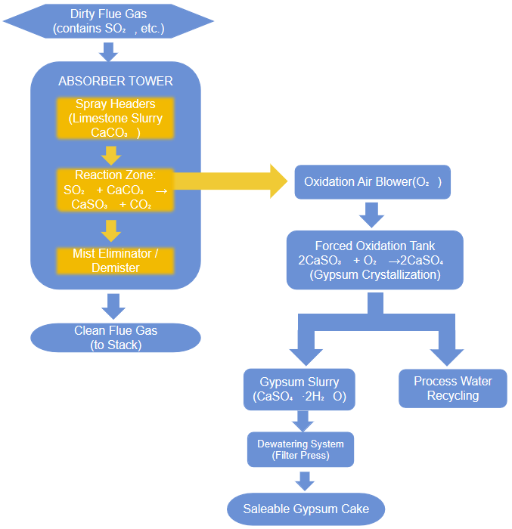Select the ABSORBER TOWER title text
pos(116,81)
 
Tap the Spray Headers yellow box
pos(116,118)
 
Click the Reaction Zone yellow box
pos(116,190)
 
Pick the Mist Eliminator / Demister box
pos(116,261)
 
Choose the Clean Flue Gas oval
pos(115,338)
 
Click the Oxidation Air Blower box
pos(372,182)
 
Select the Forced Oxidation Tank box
pos(374,260)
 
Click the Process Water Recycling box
pos(453,388)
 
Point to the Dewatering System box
pos(300,449)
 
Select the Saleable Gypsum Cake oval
pos(306,509)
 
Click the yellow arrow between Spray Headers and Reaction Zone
pos(112,155)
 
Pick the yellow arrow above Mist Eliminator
pos(112,230)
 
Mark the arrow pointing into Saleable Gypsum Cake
pos(304,480)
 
